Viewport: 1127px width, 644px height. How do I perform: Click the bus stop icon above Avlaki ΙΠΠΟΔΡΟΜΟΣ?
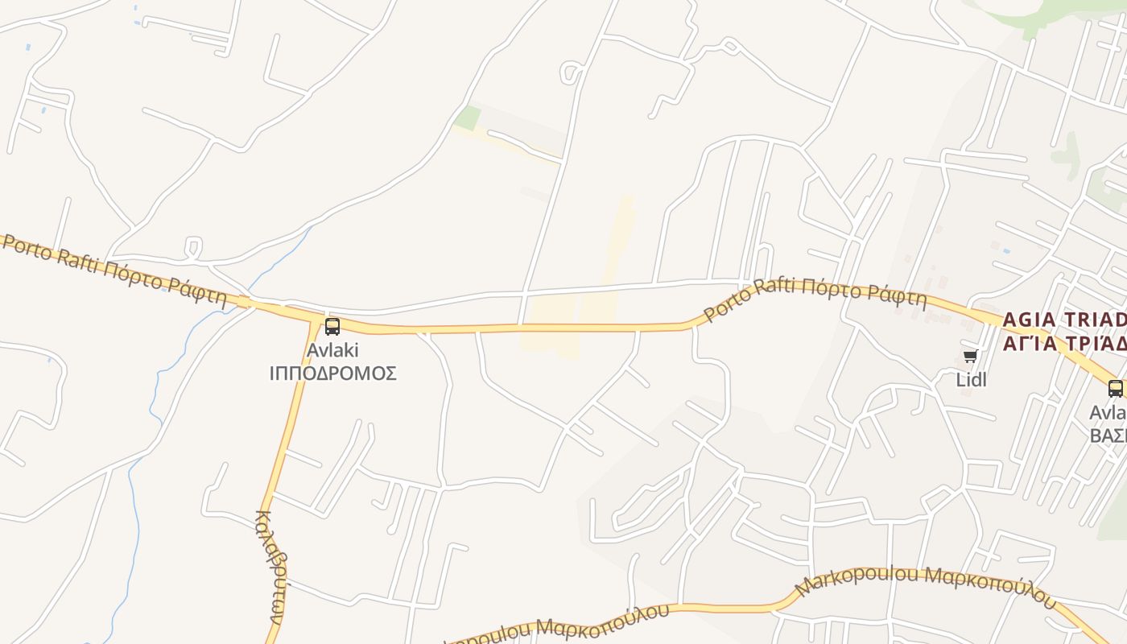332,327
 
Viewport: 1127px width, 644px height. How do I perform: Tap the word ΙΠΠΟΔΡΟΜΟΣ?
332,374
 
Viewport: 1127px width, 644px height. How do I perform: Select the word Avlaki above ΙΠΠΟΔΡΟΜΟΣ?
332,350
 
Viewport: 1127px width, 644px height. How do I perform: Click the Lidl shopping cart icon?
970,357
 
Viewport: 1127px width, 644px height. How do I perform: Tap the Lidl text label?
971,379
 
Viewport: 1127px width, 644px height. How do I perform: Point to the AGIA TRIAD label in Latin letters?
1063,320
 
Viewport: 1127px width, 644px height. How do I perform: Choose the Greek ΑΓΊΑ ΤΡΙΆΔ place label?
1063,344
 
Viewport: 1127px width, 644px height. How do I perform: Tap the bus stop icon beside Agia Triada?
1115,389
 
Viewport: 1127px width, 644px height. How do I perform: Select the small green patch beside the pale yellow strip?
467,118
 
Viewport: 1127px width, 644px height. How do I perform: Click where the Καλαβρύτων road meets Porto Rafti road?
314,320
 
